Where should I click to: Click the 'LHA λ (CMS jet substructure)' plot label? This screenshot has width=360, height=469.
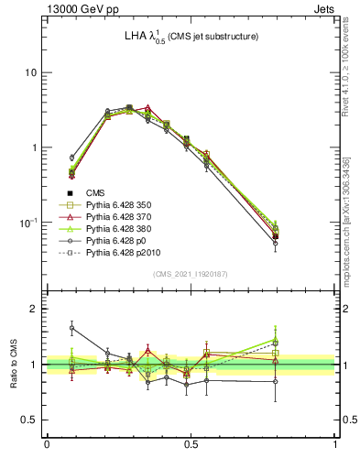click(x=190, y=38)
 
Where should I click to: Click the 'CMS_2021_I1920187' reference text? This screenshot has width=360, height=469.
click(x=191, y=274)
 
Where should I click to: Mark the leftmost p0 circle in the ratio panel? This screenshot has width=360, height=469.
click(x=72, y=327)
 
